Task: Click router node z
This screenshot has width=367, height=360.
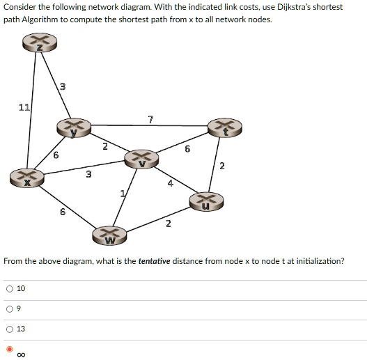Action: click(x=40, y=42)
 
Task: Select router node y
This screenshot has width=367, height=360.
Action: click(x=74, y=128)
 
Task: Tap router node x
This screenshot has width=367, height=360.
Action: click(x=27, y=178)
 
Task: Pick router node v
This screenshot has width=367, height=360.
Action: click(x=141, y=159)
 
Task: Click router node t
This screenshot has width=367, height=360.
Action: click(x=225, y=128)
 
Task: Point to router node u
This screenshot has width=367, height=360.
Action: click(x=206, y=201)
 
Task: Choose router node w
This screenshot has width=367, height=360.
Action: click(x=109, y=235)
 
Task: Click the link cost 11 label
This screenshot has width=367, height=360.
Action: click(x=24, y=107)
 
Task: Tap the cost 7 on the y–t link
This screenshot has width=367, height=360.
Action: click(x=150, y=119)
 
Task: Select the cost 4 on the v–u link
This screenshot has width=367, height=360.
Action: click(x=171, y=183)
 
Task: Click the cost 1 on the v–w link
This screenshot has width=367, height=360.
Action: click(x=123, y=194)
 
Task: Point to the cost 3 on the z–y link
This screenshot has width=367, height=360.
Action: click(x=63, y=86)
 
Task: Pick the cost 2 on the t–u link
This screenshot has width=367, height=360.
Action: click(x=222, y=166)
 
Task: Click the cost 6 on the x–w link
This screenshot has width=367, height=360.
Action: click(x=63, y=212)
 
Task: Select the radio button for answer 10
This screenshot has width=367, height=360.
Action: click(x=10, y=289)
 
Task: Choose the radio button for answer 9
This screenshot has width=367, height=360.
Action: click(x=10, y=309)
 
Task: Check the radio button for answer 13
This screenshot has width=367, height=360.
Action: click(x=10, y=329)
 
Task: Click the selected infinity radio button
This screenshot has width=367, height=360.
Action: click(x=10, y=350)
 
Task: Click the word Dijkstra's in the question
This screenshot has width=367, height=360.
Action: click(x=294, y=7)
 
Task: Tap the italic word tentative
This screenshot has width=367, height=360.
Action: click(x=154, y=260)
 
